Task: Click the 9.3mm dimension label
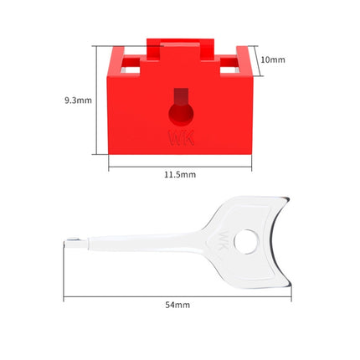point(78,100)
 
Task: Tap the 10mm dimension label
point(273,59)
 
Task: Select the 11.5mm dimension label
point(180,175)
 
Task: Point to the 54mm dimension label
point(177,305)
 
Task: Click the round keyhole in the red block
point(181,115)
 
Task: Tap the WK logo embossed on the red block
point(181,137)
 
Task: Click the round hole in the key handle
point(246,242)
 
